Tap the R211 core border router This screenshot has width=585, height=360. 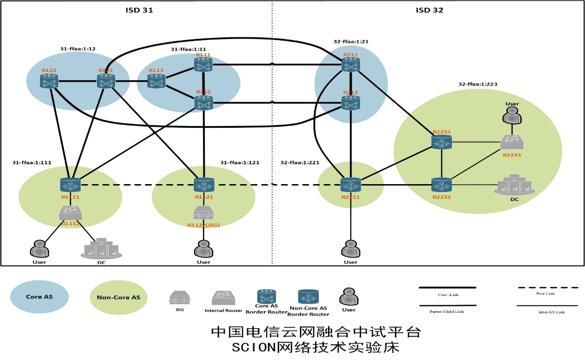[351, 65]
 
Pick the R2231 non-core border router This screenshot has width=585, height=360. [442, 142]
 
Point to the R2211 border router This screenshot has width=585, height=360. [350, 186]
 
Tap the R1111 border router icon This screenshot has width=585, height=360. [71, 185]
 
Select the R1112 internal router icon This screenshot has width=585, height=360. [71, 213]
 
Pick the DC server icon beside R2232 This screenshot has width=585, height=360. [515, 184]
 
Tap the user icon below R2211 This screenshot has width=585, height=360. [350, 250]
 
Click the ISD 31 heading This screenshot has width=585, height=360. [139, 10]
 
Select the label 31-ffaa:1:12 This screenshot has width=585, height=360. [78, 48]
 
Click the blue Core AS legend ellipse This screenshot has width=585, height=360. [39, 296]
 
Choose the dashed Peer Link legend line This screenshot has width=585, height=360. [548, 288]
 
